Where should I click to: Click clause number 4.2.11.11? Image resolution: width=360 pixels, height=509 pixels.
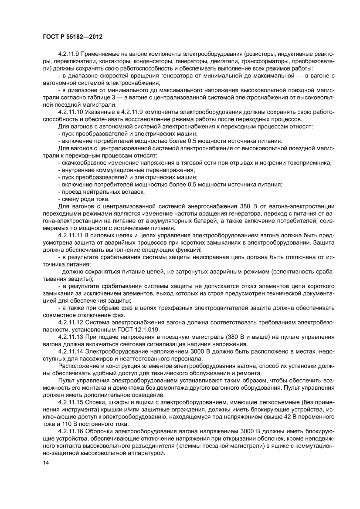[72, 235]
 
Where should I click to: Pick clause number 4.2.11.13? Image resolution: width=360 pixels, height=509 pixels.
[72, 337]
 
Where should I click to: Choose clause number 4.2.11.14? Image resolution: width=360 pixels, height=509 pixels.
[72, 351]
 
